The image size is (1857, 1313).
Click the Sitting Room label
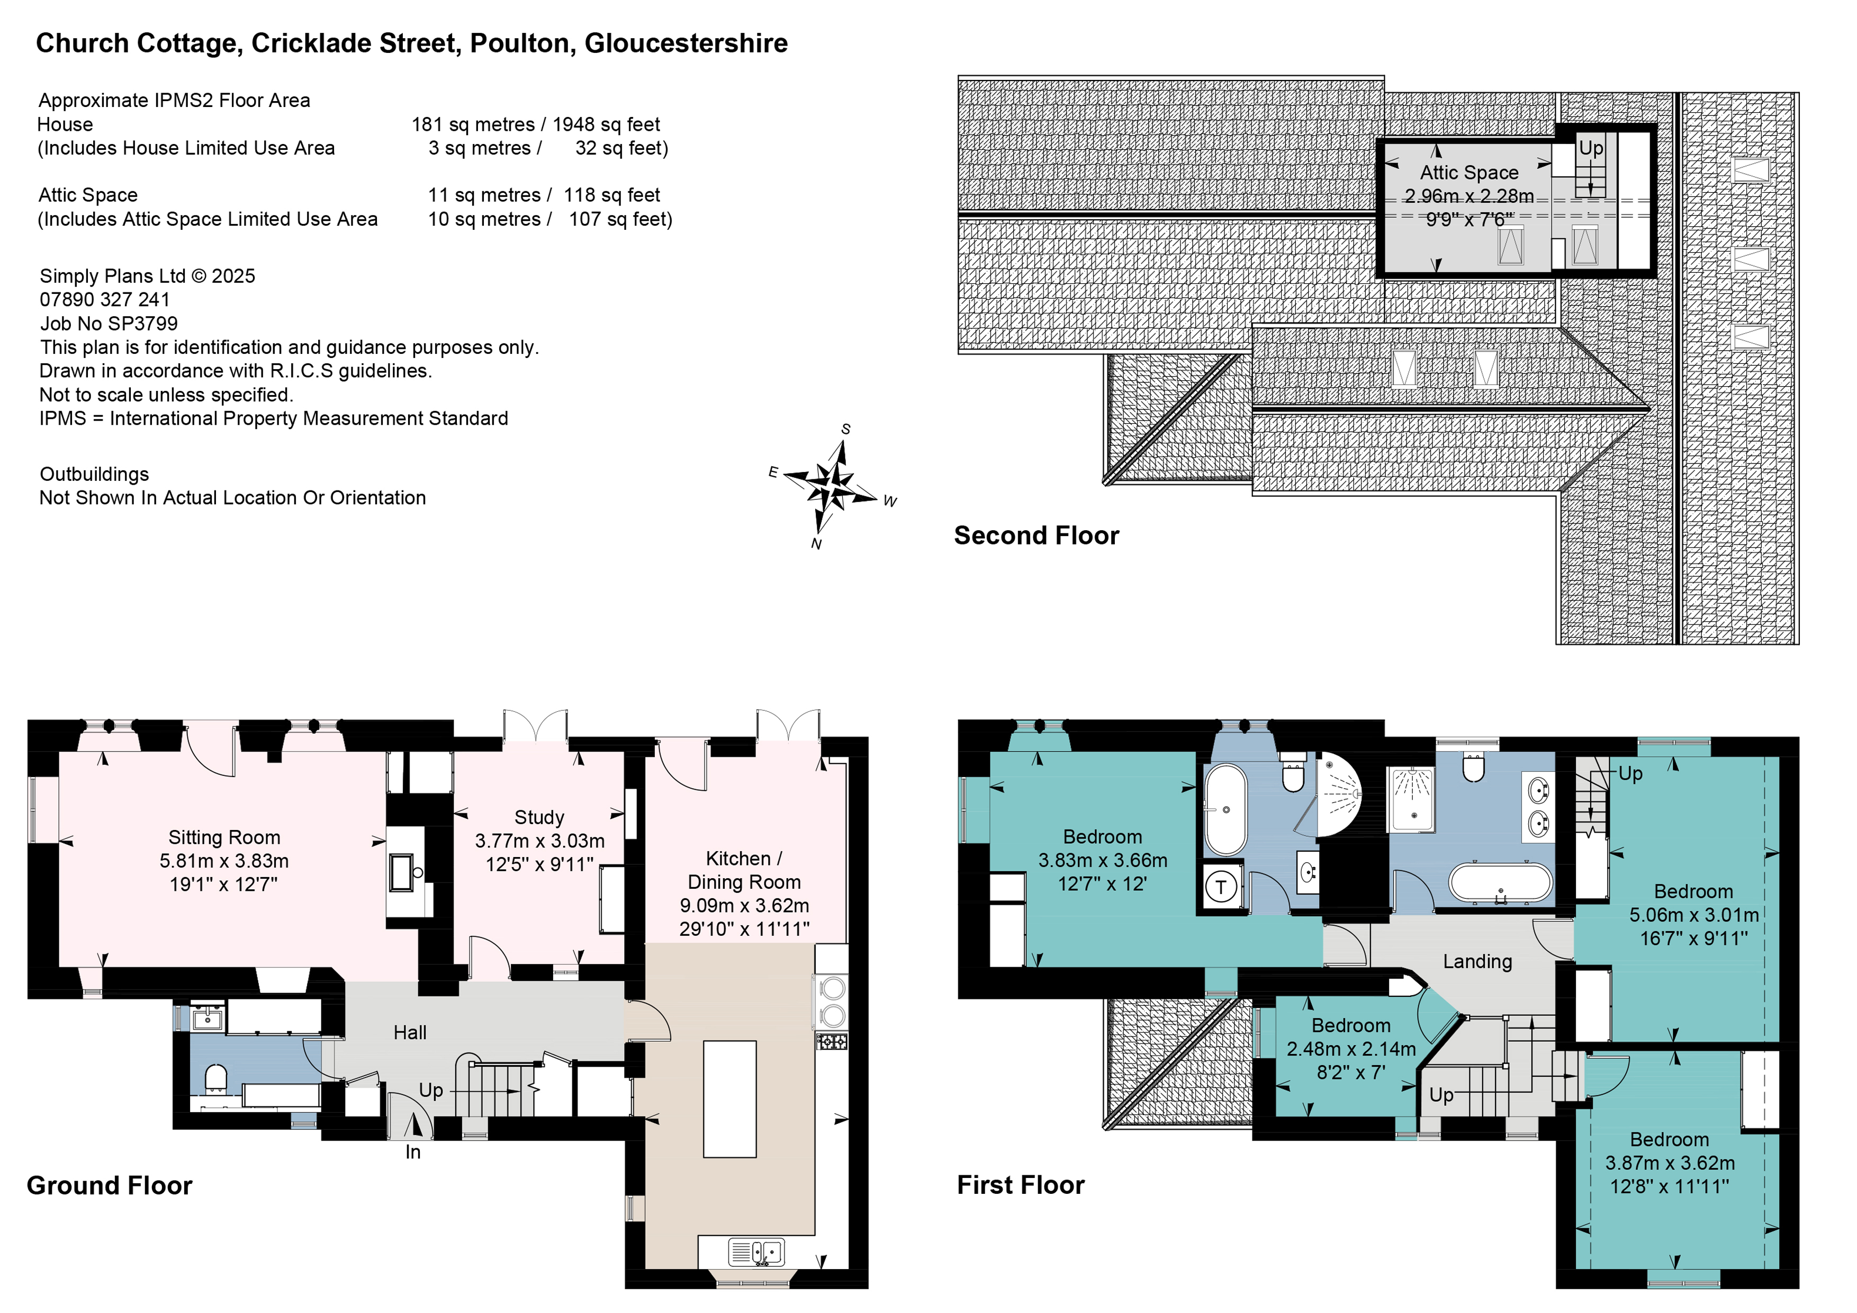tap(224, 837)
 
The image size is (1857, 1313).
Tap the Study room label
tap(539, 817)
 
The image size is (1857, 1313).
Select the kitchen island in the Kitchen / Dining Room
tap(729, 1098)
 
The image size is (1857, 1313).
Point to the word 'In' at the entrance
tap(413, 1152)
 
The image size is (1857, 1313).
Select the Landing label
tap(1477, 961)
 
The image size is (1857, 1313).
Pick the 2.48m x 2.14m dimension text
tap(1351, 1049)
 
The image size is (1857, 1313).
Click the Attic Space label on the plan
tap(1469, 172)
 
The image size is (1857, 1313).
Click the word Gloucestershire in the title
tap(686, 43)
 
